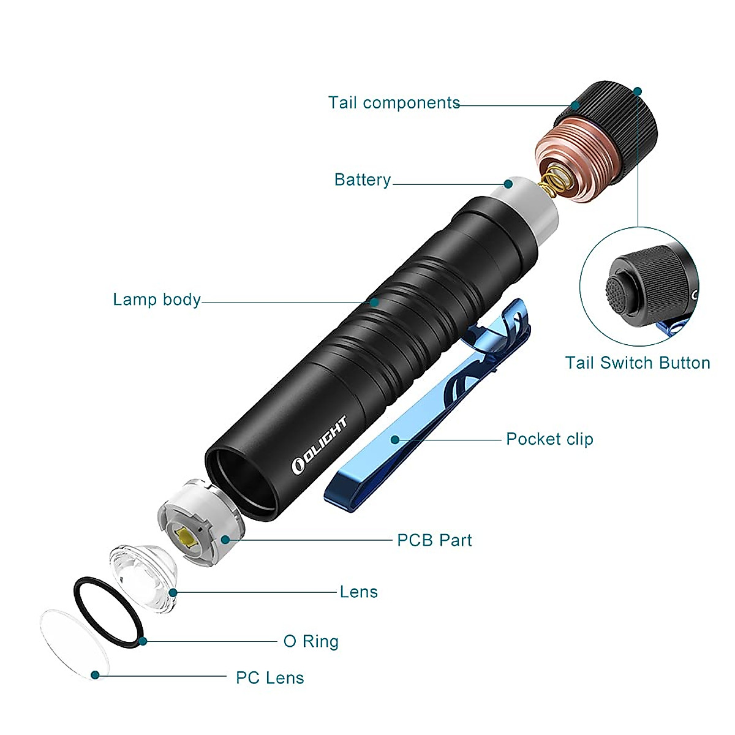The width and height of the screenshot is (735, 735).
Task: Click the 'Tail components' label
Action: point(394,103)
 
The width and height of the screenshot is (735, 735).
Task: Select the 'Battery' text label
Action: point(362,180)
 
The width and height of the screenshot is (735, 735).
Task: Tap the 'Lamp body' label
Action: point(157,300)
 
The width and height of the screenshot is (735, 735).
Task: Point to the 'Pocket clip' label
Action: point(549,439)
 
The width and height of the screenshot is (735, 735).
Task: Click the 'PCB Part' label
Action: point(434,540)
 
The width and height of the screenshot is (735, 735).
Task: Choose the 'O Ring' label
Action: point(311,641)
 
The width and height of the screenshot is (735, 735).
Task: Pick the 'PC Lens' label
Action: point(269,678)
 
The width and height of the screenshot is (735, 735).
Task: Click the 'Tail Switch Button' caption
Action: point(637,363)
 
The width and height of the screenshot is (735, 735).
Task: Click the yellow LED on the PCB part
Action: point(186,537)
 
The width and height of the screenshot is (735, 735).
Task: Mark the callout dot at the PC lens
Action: point(95,675)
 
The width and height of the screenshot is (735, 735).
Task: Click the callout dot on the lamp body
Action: point(374,302)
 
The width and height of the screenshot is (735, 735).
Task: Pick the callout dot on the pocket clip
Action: point(395,440)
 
